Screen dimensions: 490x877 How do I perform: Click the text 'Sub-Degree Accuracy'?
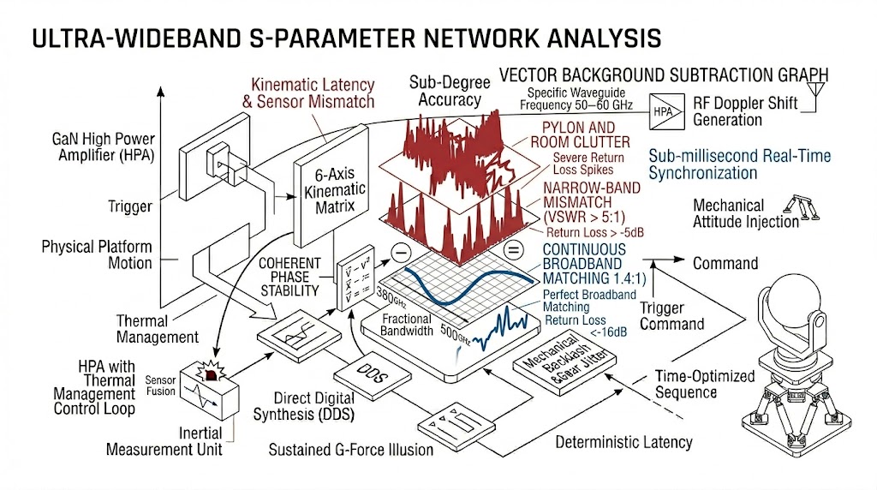[450, 91]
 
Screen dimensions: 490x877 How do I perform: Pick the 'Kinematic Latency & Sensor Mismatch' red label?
[313, 93]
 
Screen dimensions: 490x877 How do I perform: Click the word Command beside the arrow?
[725, 263]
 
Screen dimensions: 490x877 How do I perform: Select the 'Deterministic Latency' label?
[623, 443]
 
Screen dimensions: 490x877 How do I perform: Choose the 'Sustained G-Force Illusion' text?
[350, 449]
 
